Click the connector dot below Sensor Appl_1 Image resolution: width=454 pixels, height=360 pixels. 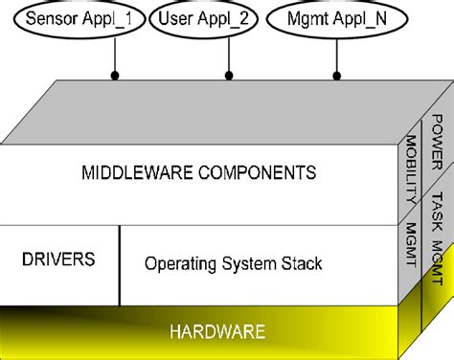(115, 74)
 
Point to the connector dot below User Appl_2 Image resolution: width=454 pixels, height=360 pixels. (227, 74)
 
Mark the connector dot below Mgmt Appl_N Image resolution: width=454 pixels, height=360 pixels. (336, 74)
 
